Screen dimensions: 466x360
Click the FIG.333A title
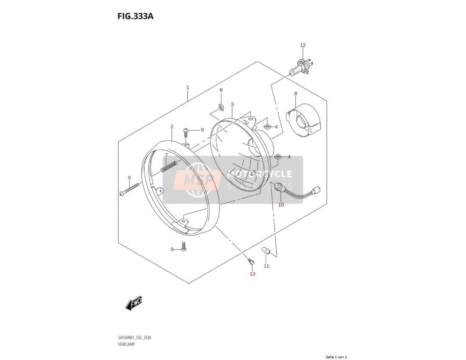point(135,16)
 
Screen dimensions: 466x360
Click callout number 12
point(303,45)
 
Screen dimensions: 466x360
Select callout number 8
point(295,93)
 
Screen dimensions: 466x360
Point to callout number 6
point(221,90)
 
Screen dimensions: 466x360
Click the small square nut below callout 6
point(221,107)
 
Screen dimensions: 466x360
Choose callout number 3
point(232,104)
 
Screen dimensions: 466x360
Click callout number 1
point(188,87)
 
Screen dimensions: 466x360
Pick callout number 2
point(172,127)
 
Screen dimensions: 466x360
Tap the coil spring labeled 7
point(169,166)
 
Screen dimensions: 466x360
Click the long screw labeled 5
point(129,189)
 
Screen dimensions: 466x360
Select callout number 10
point(281,205)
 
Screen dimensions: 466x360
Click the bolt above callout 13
point(250,262)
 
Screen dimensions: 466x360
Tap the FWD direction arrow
point(133,303)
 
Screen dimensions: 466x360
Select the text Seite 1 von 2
point(336,357)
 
